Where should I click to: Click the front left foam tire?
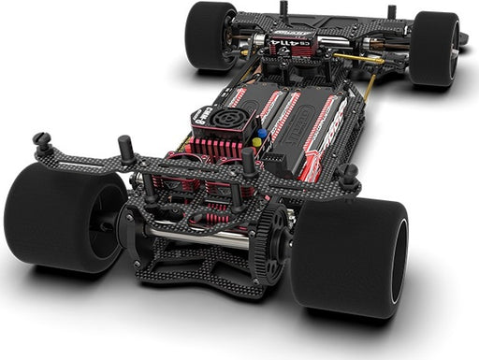[210, 36]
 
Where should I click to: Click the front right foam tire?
[433, 49]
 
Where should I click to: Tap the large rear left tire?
[58, 216]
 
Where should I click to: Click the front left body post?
[283, 8]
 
